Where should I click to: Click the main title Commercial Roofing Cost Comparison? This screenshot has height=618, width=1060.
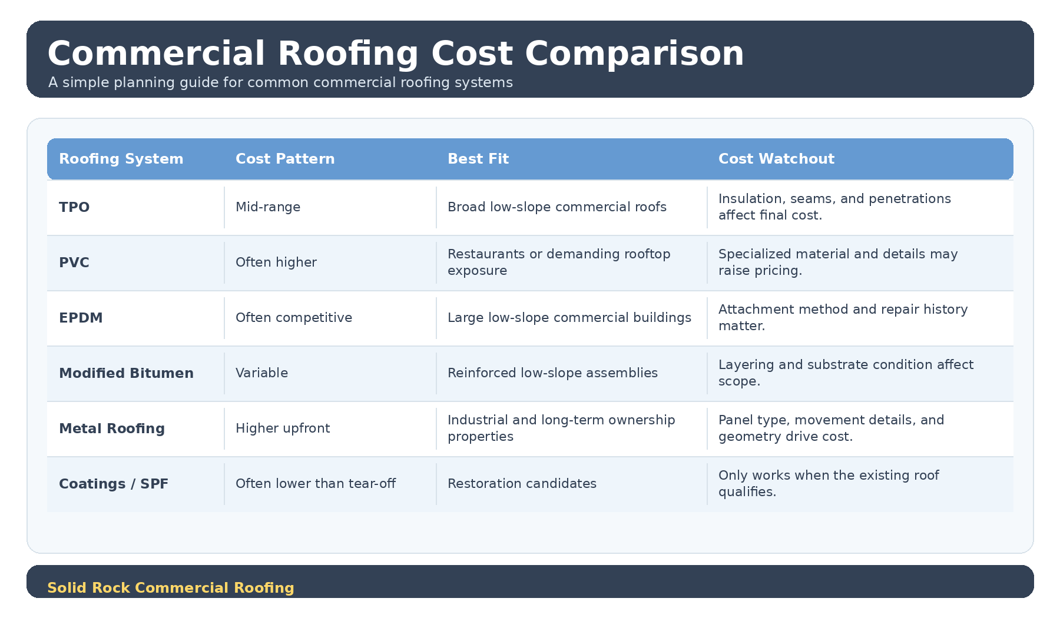(x=396, y=54)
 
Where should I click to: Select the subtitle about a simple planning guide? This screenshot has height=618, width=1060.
(x=280, y=82)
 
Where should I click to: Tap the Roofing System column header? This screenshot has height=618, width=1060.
(x=121, y=159)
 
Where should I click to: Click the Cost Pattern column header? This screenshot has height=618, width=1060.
(x=285, y=159)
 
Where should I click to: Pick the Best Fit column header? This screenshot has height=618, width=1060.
(x=478, y=159)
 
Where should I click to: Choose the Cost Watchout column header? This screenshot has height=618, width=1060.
(x=776, y=159)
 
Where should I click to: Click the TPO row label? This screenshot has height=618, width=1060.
(x=74, y=207)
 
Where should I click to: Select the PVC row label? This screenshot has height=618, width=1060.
(x=74, y=263)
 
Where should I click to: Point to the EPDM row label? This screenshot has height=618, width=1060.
(x=81, y=318)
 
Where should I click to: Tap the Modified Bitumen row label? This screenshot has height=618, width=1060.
(x=126, y=373)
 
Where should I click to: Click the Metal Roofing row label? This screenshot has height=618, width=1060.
(x=112, y=428)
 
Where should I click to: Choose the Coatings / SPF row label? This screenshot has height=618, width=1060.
(x=114, y=484)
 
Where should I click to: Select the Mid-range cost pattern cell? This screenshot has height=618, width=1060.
(x=268, y=207)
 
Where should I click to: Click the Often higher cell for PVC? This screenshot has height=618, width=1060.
(x=276, y=263)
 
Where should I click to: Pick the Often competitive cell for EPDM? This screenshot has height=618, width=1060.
(x=294, y=318)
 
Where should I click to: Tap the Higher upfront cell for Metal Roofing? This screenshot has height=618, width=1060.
(x=283, y=428)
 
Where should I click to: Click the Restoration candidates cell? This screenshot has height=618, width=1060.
(x=522, y=484)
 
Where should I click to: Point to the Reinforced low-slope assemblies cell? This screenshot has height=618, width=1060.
(x=552, y=373)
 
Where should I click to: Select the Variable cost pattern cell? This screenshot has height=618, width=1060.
(x=261, y=373)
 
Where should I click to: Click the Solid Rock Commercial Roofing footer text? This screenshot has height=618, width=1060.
(x=171, y=588)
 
